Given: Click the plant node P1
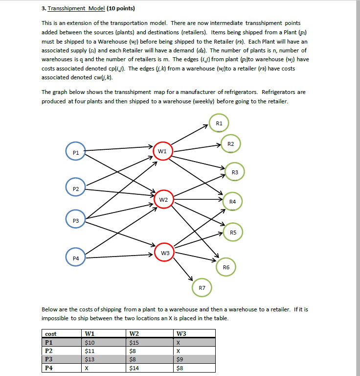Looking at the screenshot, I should (x=75, y=153).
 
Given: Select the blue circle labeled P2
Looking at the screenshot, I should (x=75, y=188).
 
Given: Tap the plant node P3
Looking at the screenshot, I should (x=75, y=221).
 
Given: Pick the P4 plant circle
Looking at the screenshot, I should (x=75, y=257).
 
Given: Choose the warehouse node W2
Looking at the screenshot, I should (x=163, y=200).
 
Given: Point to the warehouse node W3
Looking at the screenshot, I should (x=165, y=253).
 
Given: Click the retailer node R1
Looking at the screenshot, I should (x=219, y=123).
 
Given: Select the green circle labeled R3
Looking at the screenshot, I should (x=235, y=172).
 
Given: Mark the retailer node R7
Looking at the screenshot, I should (x=202, y=287).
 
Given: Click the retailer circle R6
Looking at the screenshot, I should (x=226, y=267).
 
